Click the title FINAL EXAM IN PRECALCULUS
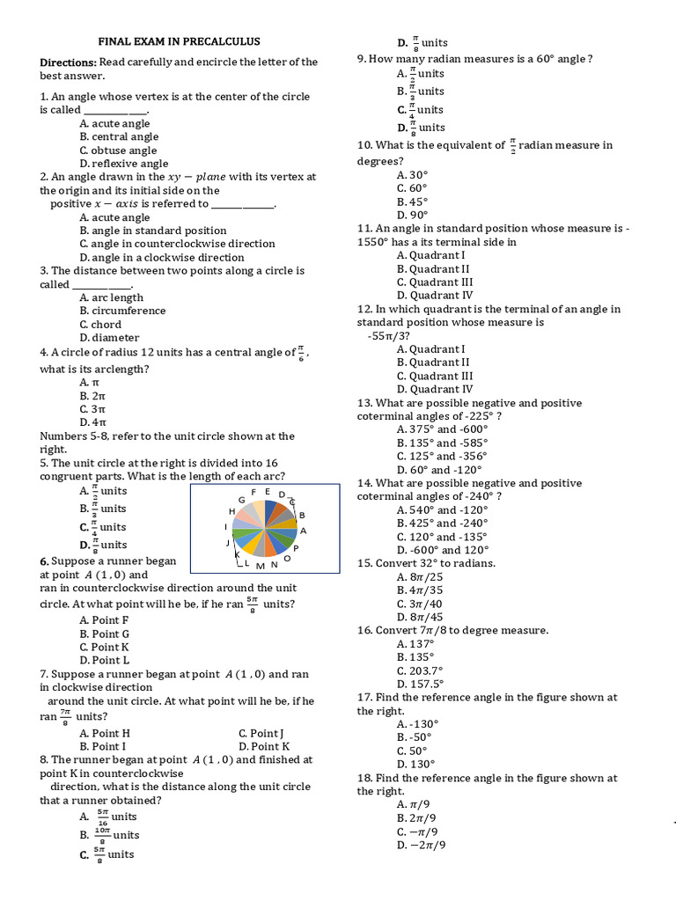click(x=179, y=41)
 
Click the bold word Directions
click(x=68, y=62)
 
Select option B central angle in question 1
click(x=119, y=136)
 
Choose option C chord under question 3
click(x=100, y=324)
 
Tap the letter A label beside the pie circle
click(x=303, y=531)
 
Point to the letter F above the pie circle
click(x=254, y=492)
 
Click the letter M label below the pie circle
click(x=261, y=565)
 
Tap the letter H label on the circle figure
click(x=232, y=511)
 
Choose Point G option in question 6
click(x=105, y=634)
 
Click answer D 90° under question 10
click(x=412, y=215)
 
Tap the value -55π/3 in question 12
click(x=388, y=335)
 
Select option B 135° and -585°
click(x=442, y=443)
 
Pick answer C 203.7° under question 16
click(x=421, y=670)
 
